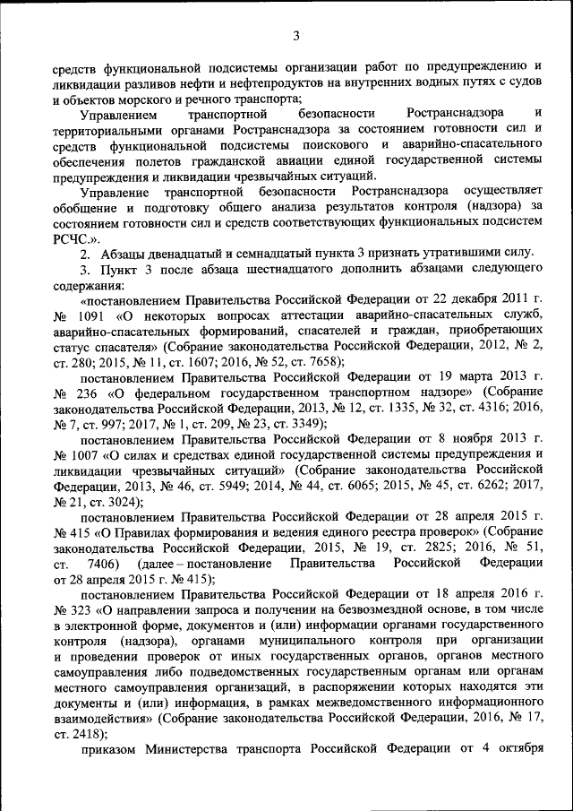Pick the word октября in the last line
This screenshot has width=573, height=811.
517,751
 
